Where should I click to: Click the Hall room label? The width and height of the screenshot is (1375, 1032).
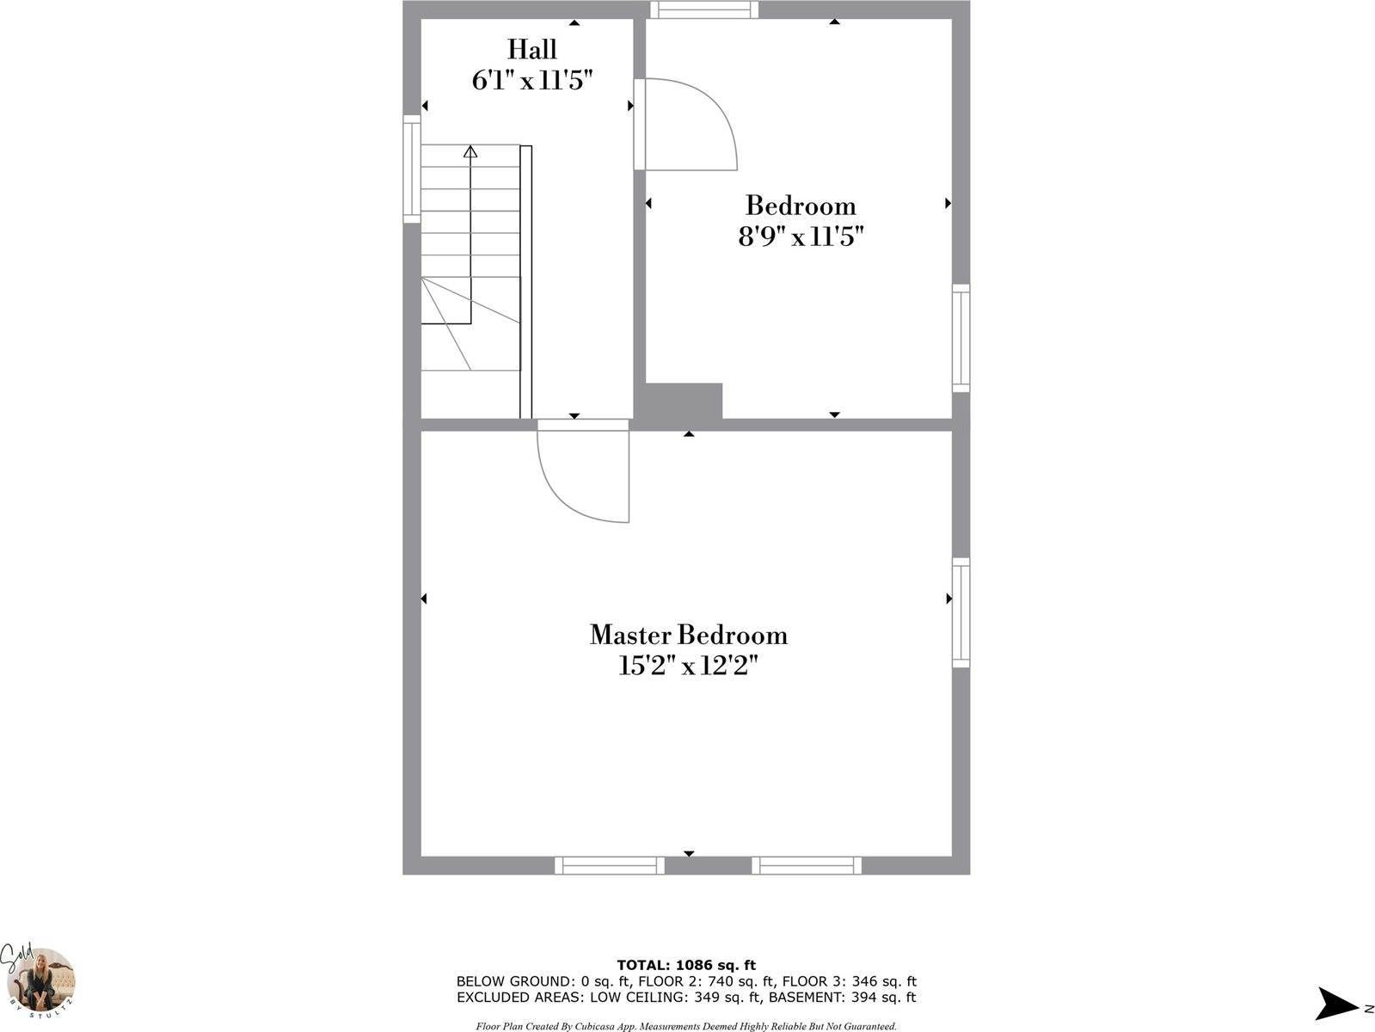click(x=531, y=49)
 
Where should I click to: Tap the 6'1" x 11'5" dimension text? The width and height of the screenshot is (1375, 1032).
click(x=531, y=81)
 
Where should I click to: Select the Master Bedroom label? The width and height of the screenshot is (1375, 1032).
click(x=688, y=636)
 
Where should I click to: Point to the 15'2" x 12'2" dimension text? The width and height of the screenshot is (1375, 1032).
click(x=688, y=666)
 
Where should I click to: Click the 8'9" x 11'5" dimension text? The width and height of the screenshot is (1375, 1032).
click(x=800, y=236)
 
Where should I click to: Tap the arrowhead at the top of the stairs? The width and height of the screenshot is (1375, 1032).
click(x=470, y=152)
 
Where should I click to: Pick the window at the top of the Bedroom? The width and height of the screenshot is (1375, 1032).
click(x=704, y=9)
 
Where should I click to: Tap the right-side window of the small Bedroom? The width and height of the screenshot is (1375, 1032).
click(x=961, y=338)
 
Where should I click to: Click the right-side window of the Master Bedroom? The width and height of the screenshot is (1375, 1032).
click(x=961, y=612)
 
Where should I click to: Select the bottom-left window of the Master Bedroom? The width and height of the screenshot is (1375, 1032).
click(x=609, y=865)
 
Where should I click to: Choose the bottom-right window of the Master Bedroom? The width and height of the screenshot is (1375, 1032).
click(x=807, y=865)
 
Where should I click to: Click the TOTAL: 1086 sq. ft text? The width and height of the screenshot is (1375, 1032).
click(x=686, y=966)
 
